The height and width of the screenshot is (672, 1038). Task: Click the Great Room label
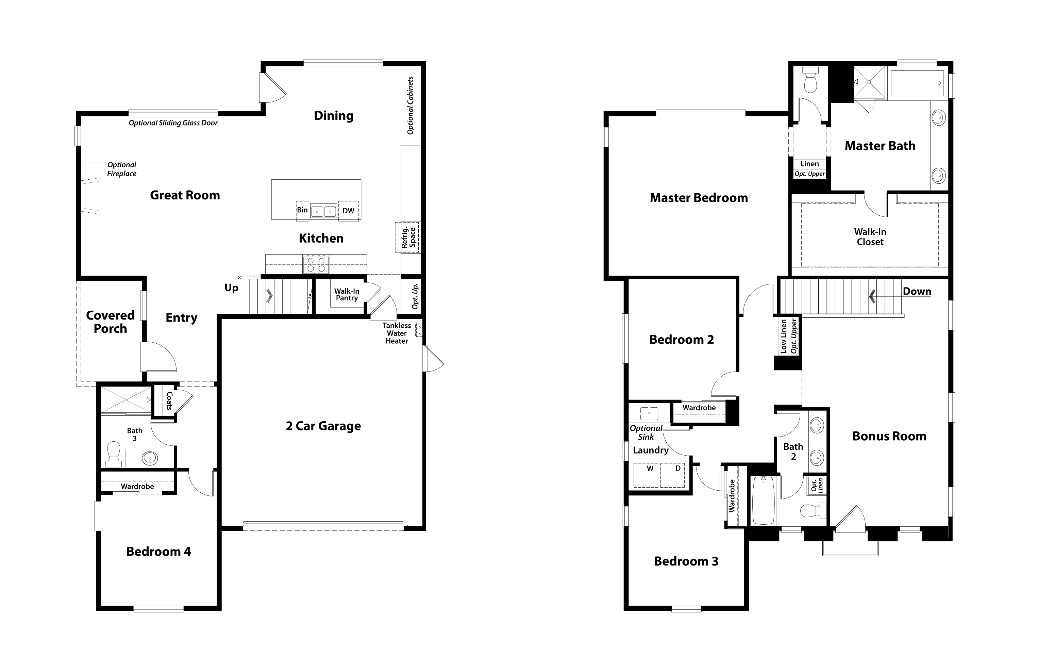pos(185,195)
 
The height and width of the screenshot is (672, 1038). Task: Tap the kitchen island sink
pos(324,211)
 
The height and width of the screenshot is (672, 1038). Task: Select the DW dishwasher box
pos(349,211)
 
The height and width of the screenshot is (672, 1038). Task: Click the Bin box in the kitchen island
pos(302,210)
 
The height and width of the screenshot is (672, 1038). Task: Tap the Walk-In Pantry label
pos(347,295)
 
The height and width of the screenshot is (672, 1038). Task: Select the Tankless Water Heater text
pos(397,333)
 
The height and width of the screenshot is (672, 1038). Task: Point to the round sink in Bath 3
pos(150,458)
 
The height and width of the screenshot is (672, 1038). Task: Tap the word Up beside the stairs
pos(231,288)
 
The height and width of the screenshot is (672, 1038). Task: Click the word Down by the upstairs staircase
pos(917,292)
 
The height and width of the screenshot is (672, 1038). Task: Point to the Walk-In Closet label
pos(870,237)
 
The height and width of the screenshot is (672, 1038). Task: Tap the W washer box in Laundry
pos(646,475)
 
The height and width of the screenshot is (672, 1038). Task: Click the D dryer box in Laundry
pos(672,475)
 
